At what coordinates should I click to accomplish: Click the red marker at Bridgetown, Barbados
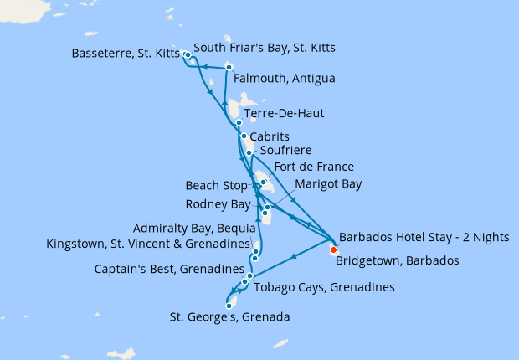[333, 249]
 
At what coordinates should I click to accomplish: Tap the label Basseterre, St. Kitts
[121, 55]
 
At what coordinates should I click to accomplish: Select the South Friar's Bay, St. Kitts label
[264, 48]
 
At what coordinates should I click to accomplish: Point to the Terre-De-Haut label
[284, 113]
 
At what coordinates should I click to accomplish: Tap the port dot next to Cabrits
[243, 136]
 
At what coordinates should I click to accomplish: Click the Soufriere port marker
[249, 152]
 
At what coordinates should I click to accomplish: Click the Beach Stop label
[216, 185]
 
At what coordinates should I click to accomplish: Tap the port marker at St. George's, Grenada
[229, 306]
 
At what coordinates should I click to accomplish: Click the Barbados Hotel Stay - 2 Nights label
[423, 237]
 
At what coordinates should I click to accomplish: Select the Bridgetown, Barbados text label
[397, 260]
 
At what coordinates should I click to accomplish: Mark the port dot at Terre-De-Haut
[239, 122]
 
